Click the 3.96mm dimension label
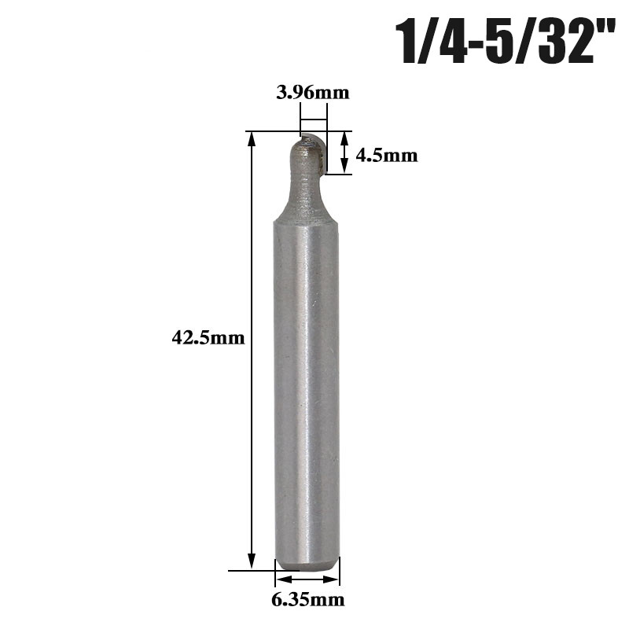click(312, 93)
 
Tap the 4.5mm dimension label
click(386, 155)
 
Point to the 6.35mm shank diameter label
click(308, 600)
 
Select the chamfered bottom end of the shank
click(307, 563)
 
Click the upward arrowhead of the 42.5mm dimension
click(252, 138)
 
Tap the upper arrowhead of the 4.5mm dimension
click(344, 137)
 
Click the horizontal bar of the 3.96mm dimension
click(313, 120)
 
